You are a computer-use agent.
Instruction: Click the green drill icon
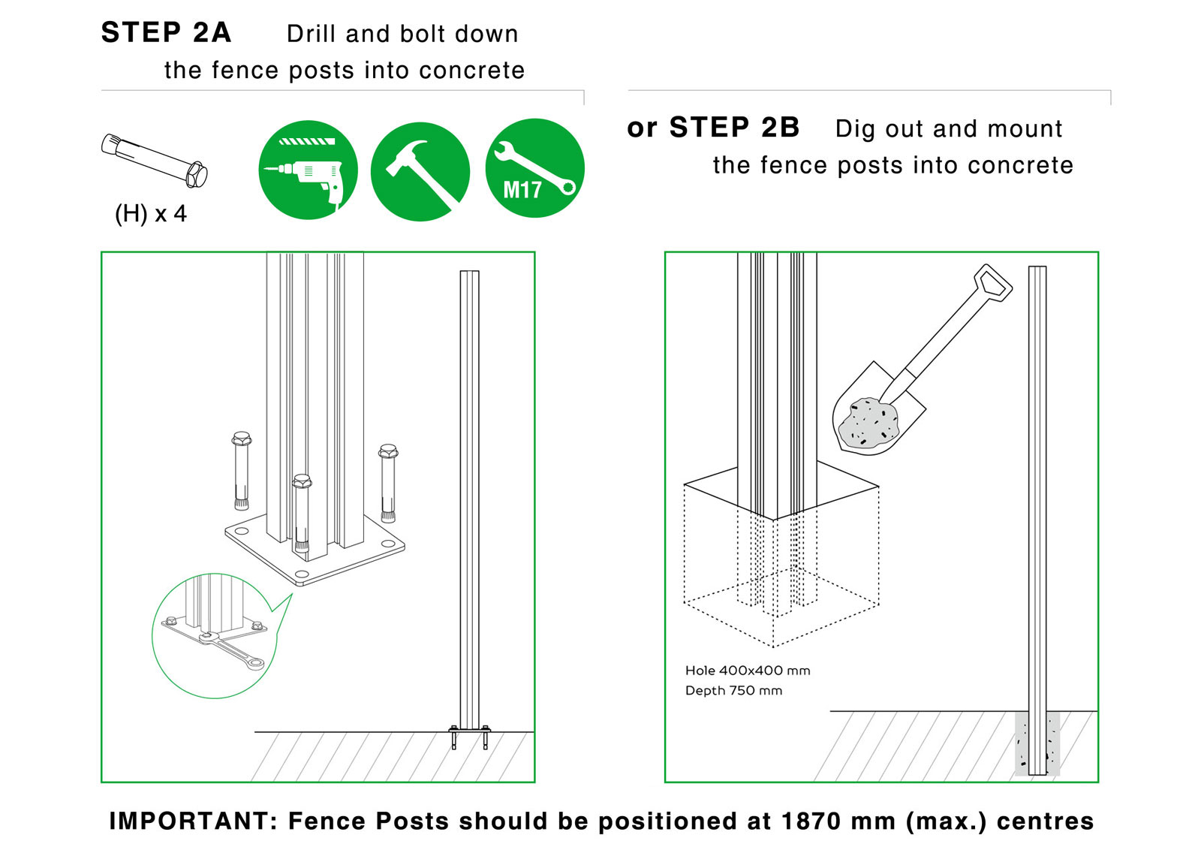click(x=309, y=170)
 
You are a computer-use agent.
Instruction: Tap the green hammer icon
click(x=420, y=172)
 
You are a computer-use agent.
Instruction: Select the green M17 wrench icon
click(x=535, y=168)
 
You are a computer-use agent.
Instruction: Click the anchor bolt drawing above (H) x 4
click(x=155, y=161)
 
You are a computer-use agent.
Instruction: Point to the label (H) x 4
click(x=151, y=213)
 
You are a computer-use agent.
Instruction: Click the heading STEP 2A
click(x=166, y=32)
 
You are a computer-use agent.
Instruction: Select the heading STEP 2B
click(x=735, y=127)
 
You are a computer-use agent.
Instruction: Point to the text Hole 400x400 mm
click(x=748, y=671)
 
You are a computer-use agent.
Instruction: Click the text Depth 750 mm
click(x=733, y=691)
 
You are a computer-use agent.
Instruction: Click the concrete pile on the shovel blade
click(x=868, y=422)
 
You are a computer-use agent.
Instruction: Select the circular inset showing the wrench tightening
click(x=215, y=635)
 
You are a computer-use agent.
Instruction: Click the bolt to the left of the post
click(x=241, y=470)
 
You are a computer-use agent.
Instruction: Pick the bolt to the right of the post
click(x=387, y=483)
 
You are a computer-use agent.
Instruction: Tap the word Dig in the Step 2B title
click(x=855, y=129)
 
